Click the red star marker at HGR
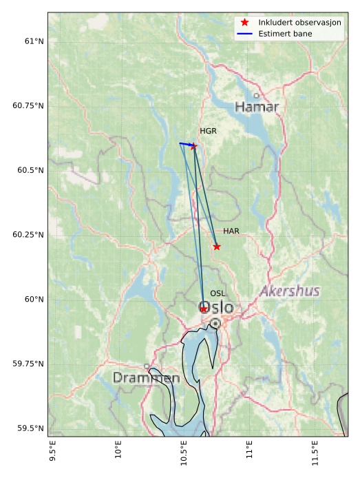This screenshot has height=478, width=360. click(193, 146)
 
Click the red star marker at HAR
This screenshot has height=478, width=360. click(217, 247)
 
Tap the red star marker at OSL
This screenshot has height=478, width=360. click(204, 309)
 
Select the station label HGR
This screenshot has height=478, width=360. click(208, 131)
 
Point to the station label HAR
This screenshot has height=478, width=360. click(231, 231)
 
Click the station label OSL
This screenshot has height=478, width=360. click(218, 293)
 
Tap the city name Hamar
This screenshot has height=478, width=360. click(257, 107)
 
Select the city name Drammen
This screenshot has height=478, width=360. click(146, 378)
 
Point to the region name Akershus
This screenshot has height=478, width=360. click(290, 291)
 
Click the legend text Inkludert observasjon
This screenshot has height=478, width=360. click(300, 23)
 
